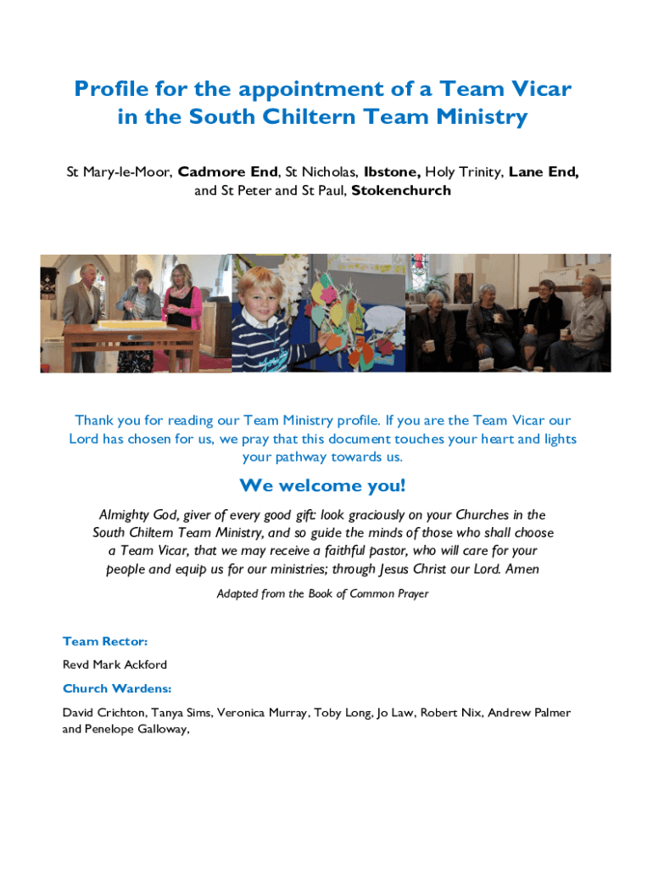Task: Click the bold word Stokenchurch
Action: [401, 191]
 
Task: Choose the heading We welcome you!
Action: [322, 486]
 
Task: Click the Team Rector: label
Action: [105, 642]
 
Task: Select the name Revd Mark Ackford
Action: [114, 664]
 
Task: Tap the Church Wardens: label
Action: [117, 688]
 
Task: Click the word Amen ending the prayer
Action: [522, 569]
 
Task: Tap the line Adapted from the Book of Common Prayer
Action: [322, 594]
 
